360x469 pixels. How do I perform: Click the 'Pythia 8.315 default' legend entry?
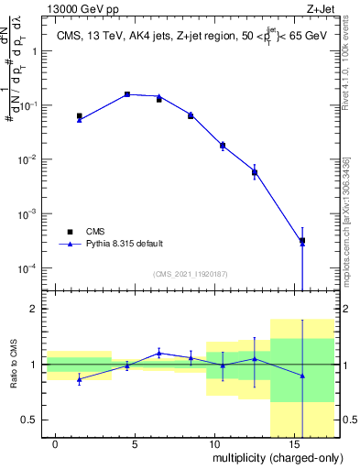point(124,245)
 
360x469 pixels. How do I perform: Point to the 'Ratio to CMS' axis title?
point(14,365)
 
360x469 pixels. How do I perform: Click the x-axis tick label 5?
point(135,442)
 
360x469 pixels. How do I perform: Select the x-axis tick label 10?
point(213,442)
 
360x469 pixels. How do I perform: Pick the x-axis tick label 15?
point(292,442)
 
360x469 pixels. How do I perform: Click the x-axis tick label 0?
point(56,442)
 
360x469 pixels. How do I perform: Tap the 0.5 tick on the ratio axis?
point(31,420)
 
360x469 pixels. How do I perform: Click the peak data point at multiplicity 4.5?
point(127,94)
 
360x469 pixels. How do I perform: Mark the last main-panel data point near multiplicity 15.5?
point(302,241)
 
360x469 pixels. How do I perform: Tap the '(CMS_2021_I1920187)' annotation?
point(191,273)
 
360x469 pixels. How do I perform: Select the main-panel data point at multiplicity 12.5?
point(255,172)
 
